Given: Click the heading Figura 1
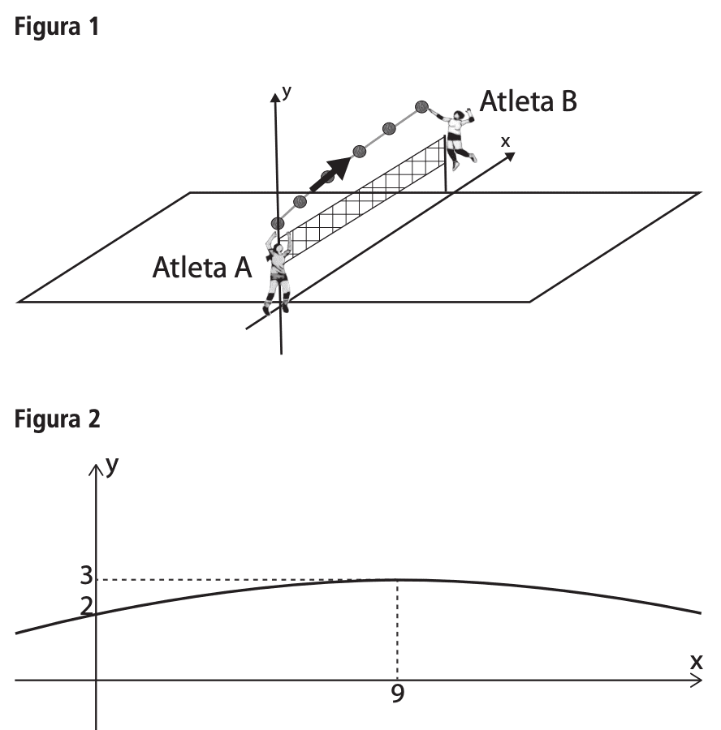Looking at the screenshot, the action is [x=56, y=27].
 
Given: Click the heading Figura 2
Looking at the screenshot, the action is [x=57, y=419].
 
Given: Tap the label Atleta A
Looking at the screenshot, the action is [x=202, y=267].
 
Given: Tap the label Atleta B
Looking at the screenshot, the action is [x=528, y=101].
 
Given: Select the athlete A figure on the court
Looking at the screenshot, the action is [x=278, y=273].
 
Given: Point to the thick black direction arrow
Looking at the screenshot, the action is [x=330, y=174].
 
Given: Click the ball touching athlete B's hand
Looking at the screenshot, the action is [x=421, y=107].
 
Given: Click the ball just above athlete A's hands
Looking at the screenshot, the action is [x=278, y=224].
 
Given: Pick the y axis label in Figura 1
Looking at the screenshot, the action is [x=287, y=92].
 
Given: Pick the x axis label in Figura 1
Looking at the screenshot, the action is [x=505, y=141].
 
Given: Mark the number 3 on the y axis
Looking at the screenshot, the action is [x=86, y=575].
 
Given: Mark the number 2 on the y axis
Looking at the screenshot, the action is [x=86, y=606].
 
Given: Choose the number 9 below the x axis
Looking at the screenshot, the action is [x=398, y=693].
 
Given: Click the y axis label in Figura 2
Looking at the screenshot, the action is [x=112, y=466].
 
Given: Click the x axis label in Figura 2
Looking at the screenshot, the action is [x=697, y=662].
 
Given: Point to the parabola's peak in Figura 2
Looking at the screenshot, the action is [x=397, y=580].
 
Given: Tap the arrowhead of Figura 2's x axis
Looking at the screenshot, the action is [x=697, y=681].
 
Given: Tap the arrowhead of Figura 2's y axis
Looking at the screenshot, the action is [x=96, y=470].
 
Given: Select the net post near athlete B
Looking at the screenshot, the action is [x=445, y=163].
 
